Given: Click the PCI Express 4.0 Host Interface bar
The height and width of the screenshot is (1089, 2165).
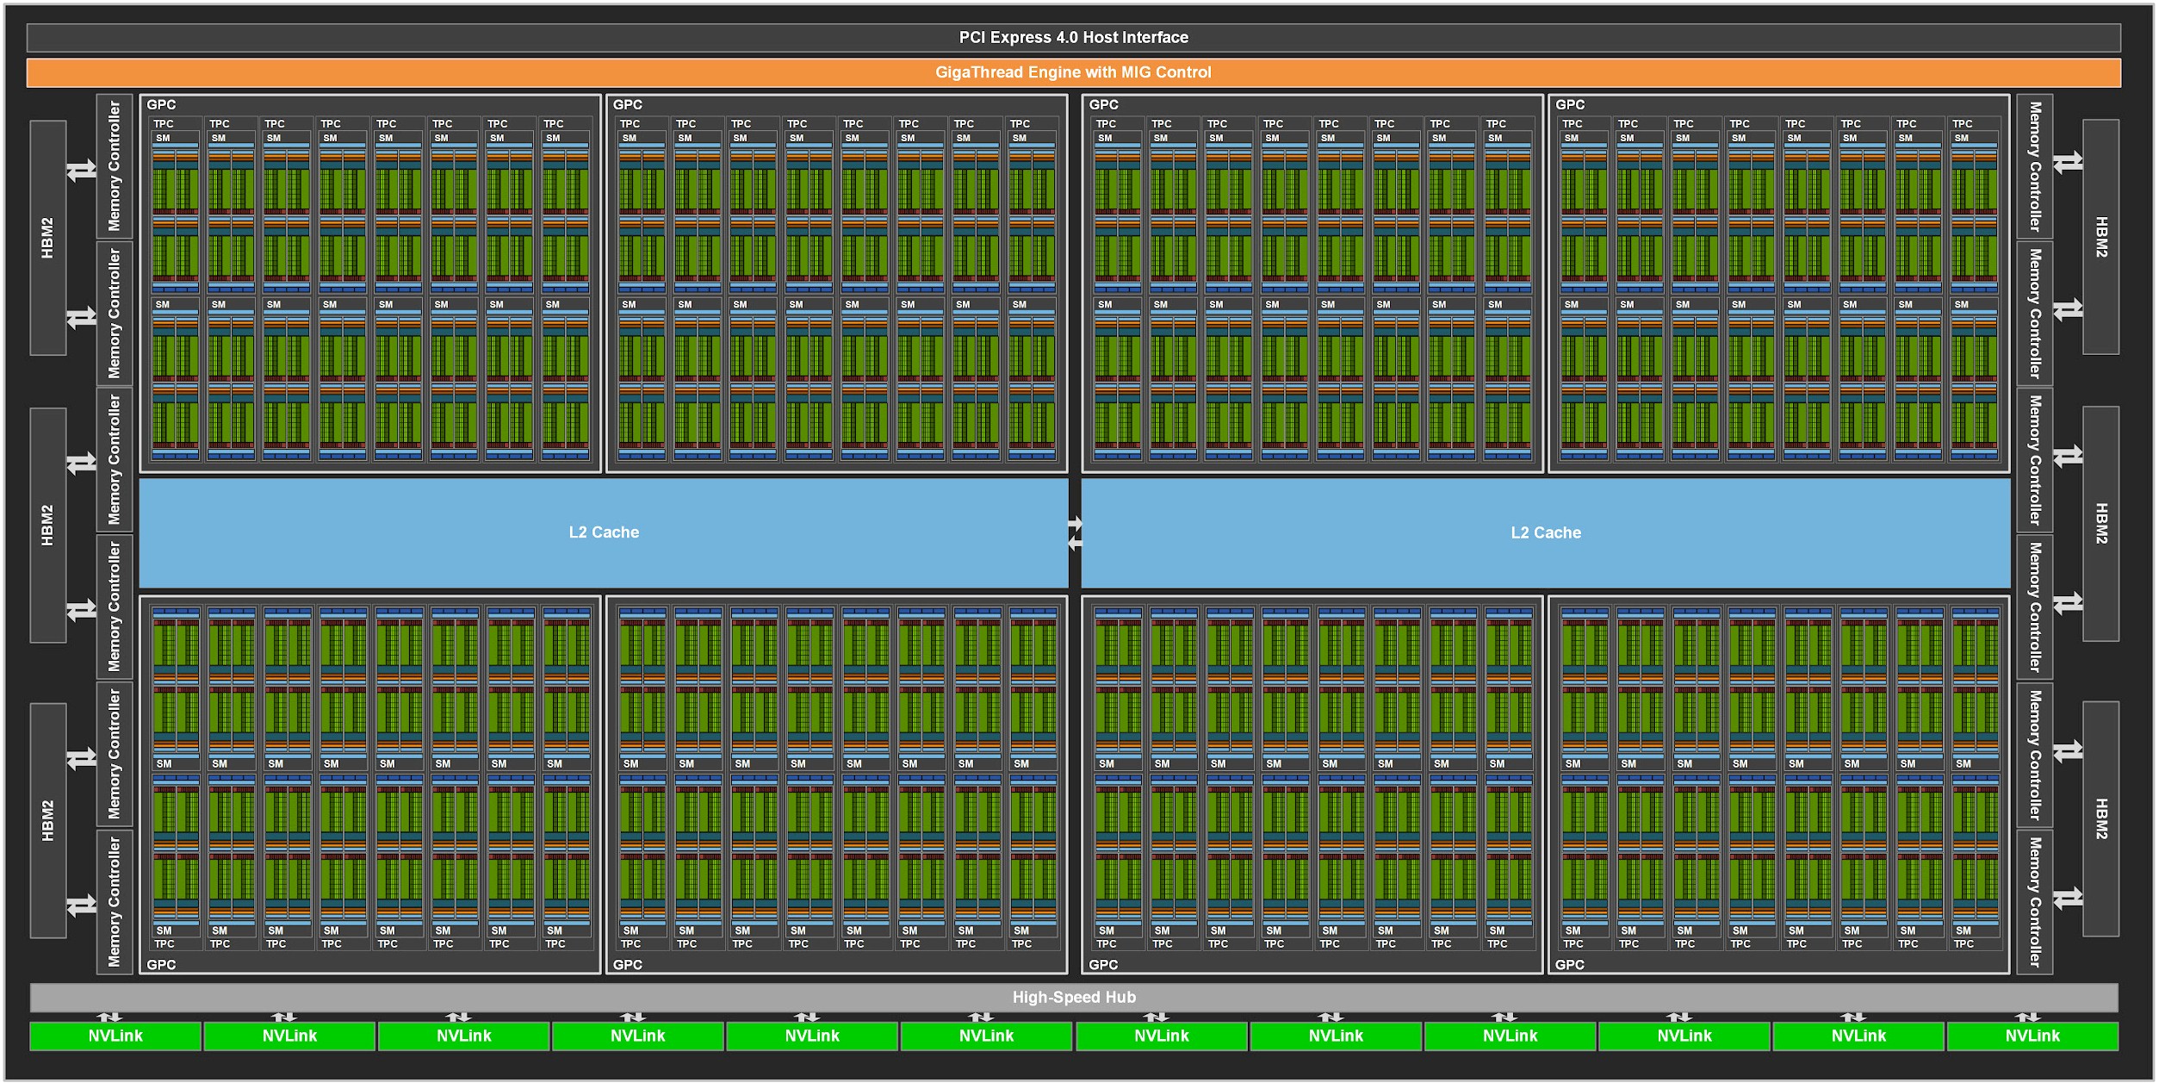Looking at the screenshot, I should point(1073,37).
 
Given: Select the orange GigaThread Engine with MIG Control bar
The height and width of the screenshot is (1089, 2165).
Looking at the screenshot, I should point(1073,72).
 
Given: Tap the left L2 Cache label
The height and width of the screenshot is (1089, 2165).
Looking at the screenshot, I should point(604,532).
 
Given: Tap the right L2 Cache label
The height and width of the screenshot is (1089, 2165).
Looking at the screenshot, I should point(1546,532).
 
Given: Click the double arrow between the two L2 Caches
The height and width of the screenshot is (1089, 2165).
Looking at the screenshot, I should point(1075,533).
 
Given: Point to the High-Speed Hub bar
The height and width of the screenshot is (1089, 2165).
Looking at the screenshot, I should point(1073,997).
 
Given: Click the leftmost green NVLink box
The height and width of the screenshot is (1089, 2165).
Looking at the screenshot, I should point(115,1036).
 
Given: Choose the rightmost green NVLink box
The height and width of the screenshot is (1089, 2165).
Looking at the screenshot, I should point(2032,1036).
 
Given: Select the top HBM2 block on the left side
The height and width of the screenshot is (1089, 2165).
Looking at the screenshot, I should point(48,237).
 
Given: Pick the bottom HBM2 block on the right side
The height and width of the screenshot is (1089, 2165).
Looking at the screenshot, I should point(2101,818).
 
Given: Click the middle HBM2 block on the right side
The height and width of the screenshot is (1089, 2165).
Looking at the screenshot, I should point(2101,524).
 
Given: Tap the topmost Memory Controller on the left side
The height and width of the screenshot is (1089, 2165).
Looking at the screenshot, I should point(115,165).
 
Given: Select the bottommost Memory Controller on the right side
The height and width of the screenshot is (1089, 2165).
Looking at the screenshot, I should point(2035,901).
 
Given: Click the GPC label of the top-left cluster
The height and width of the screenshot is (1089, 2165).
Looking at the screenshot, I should point(161,104).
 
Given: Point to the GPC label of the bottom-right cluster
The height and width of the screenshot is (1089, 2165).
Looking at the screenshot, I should point(1569,964).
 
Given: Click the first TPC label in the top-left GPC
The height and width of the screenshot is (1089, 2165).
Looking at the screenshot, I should point(164,124).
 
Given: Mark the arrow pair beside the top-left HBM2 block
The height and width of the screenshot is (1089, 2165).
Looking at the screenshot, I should point(82,170).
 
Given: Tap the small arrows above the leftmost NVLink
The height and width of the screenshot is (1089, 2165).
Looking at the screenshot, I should point(109,1017).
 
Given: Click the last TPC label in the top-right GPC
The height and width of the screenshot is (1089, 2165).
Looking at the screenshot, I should point(1963,124).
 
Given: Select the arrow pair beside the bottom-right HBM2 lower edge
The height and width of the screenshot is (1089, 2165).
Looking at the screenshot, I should point(2068,898).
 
